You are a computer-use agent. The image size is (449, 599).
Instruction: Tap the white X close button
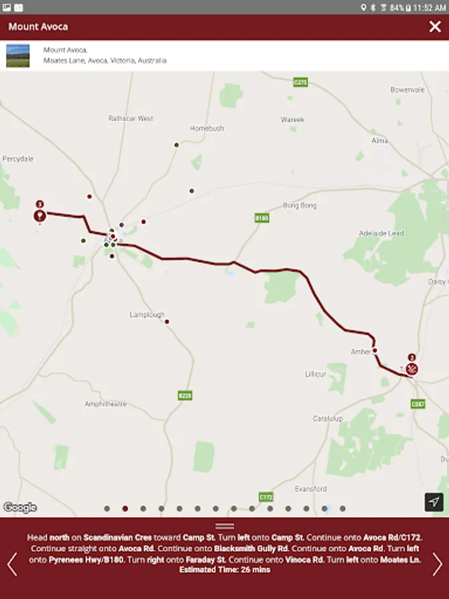click(x=435, y=27)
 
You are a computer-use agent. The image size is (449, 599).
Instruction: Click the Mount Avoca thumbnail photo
click(x=18, y=55)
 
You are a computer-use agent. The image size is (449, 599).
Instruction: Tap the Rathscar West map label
click(x=131, y=118)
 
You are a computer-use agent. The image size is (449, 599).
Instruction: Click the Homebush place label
click(x=207, y=128)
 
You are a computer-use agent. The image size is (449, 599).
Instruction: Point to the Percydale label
click(x=18, y=159)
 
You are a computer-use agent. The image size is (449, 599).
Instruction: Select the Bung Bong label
click(x=300, y=206)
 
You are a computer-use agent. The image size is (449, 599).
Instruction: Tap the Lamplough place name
click(x=147, y=315)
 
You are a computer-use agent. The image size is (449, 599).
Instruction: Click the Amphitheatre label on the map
click(x=105, y=404)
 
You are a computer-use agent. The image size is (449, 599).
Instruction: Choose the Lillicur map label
click(x=315, y=374)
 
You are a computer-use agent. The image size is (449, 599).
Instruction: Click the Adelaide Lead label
click(x=381, y=234)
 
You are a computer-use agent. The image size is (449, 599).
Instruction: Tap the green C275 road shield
click(x=301, y=83)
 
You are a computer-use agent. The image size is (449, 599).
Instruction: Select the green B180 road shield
click(x=261, y=218)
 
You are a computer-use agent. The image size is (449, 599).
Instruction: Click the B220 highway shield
click(x=186, y=395)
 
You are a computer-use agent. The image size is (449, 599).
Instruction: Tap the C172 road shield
click(x=266, y=497)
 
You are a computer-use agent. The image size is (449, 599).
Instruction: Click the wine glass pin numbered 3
click(x=40, y=215)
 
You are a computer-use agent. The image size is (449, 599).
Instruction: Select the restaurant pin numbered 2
click(x=412, y=367)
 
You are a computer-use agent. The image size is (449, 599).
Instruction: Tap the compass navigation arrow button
click(x=434, y=502)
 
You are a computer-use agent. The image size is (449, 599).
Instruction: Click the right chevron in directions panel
click(x=437, y=564)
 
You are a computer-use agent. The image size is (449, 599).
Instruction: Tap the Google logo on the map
click(x=20, y=507)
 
